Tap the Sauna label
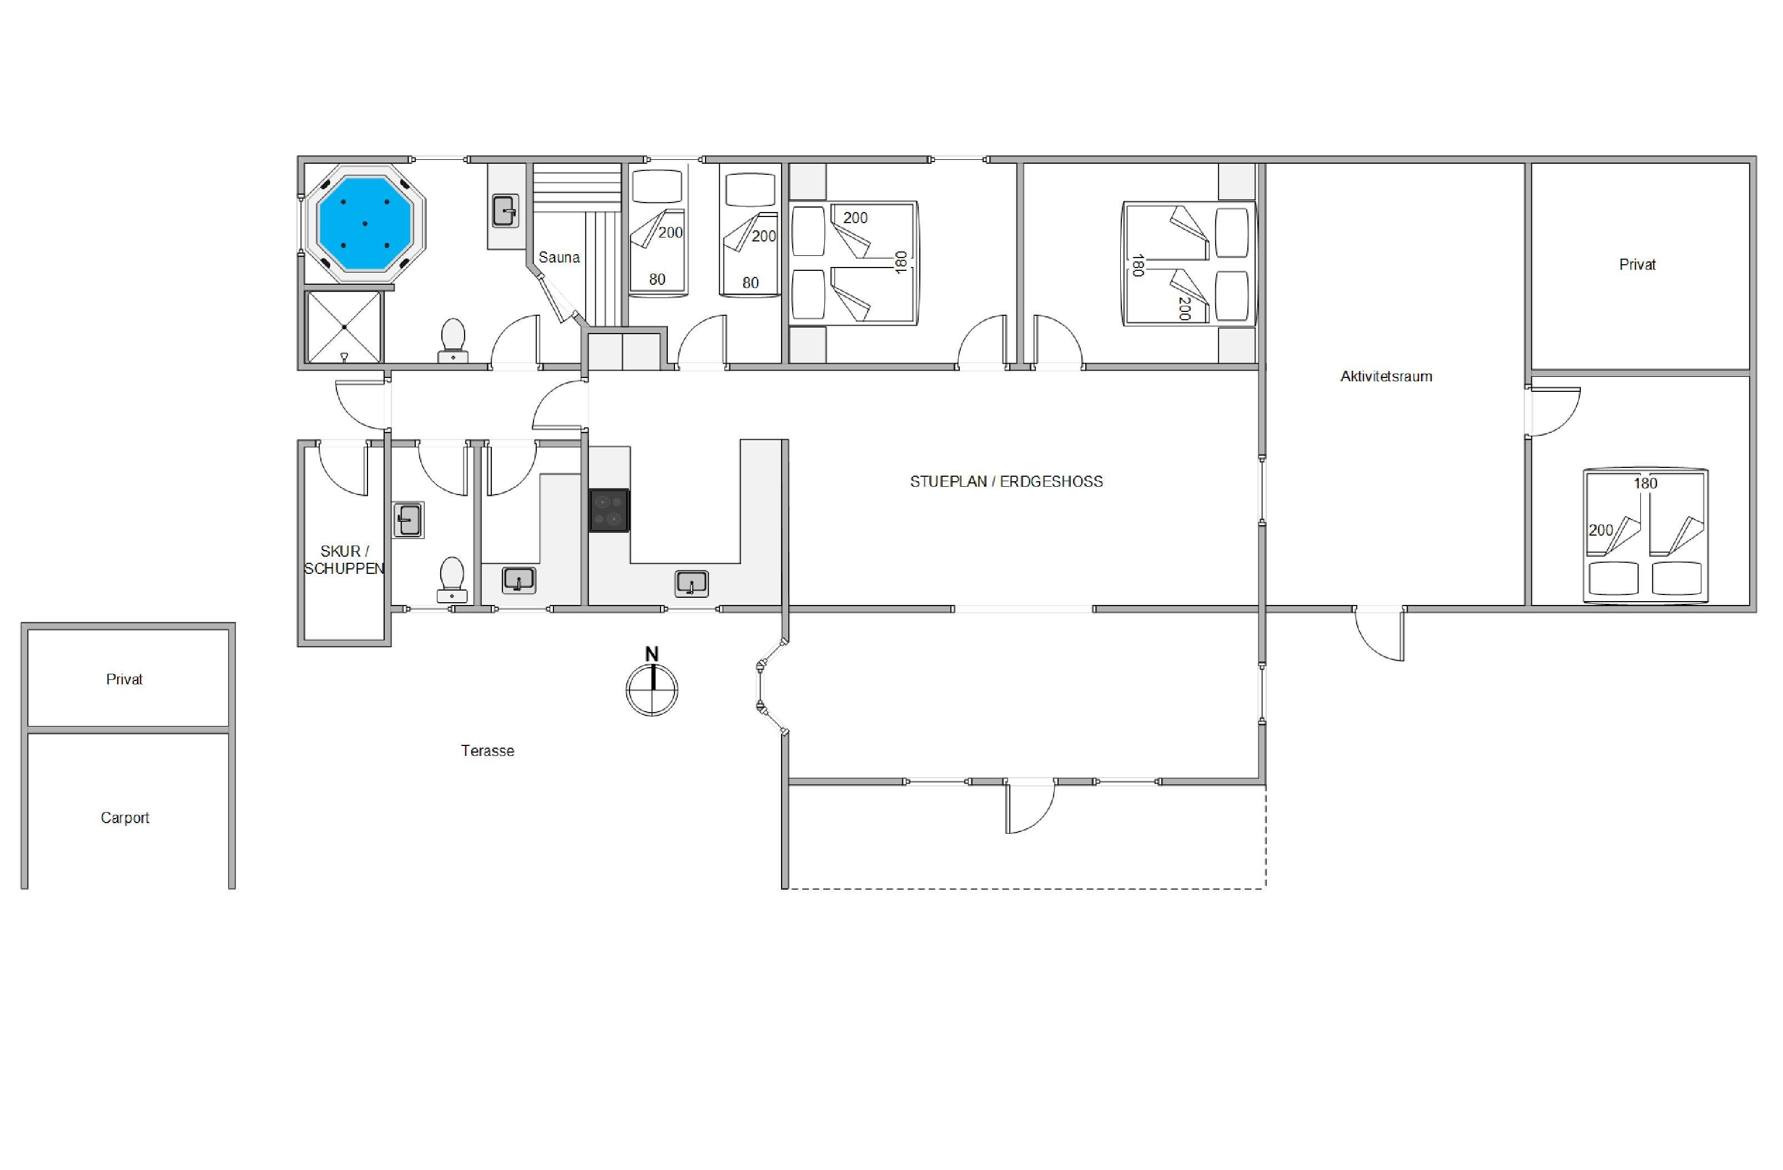click(559, 258)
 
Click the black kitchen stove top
click(609, 511)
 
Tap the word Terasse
click(488, 750)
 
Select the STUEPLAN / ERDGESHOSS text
click(1006, 482)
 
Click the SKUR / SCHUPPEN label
click(344, 559)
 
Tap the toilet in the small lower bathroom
click(452, 579)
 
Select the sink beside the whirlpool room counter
click(506, 210)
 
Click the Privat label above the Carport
click(124, 679)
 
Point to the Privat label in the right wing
click(1637, 264)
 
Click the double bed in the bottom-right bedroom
click(1645, 536)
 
